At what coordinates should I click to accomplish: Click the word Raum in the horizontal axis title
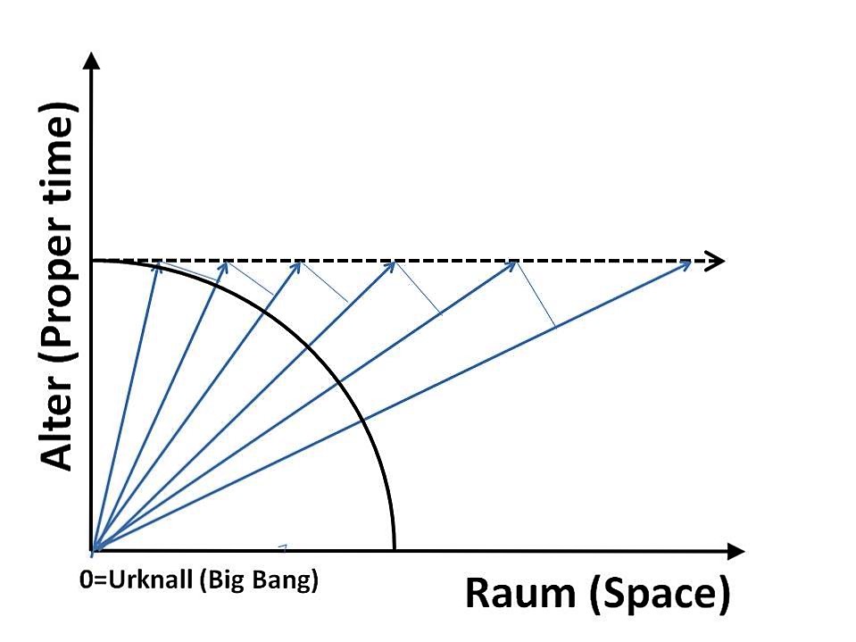(x=520, y=594)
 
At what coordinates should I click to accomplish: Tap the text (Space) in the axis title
(x=659, y=595)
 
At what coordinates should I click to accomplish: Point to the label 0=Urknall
(x=137, y=579)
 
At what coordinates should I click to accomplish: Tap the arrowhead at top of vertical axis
(x=94, y=60)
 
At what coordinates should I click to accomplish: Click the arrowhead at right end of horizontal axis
(x=736, y=552)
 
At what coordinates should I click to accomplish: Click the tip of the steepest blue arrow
(x=158, y=263)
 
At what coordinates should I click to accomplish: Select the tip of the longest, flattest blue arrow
(x=691, y=263)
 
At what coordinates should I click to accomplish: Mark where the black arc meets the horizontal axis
(x=394, y=550)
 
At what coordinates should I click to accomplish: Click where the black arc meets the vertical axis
(x=94, y=261)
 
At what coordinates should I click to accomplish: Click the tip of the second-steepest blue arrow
(x=227, y=263)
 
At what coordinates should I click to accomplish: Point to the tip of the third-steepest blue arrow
(x=300, y=263)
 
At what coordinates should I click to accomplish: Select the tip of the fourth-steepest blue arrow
(x=395, y=263)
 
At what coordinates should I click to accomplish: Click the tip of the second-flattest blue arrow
(x=515, y=263)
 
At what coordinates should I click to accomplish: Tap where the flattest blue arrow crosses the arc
(x=362, y=421)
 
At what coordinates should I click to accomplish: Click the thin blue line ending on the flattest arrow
(x=536, y=295)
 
